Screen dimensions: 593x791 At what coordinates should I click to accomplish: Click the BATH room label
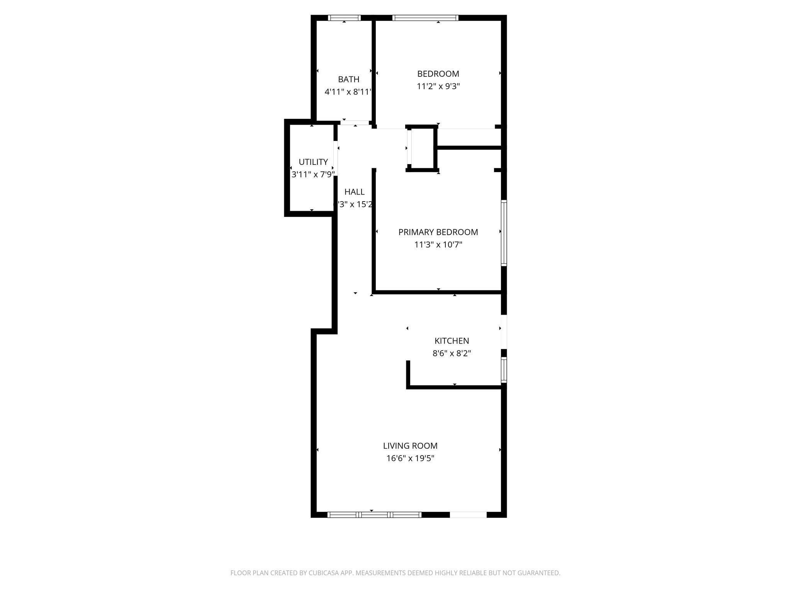coord(348,80)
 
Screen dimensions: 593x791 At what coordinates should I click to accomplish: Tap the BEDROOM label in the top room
coord(438,74)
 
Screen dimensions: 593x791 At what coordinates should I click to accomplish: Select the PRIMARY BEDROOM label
coord(438,232)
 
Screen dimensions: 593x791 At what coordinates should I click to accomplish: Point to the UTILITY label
coord(313,162)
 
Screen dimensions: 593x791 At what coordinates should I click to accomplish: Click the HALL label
coord(354,192)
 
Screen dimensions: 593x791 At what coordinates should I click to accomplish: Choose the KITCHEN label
coord(452,341)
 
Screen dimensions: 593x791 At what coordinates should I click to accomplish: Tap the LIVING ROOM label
coord(410,446)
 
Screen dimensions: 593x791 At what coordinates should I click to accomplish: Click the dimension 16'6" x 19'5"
coord(410,459)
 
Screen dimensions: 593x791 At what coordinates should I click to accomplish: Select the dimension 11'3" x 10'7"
coord(438,245)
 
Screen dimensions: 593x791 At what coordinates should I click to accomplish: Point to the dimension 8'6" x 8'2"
coord(452,354)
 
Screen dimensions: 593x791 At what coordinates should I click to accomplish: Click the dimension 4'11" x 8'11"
coord(348,92)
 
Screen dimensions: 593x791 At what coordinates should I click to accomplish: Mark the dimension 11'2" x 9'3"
coord(438,86)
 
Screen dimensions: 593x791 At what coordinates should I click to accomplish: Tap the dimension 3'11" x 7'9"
coord(313,175)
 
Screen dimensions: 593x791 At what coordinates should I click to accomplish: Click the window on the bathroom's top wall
coord(344,18)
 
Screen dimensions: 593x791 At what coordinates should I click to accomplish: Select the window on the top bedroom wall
coord(425,18)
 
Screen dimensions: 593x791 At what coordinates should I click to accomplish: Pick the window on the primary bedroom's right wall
coord(504,233)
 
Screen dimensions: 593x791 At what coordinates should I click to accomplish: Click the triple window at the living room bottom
coord(374,515)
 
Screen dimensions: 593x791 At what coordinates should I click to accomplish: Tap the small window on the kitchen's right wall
coord(504,370)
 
